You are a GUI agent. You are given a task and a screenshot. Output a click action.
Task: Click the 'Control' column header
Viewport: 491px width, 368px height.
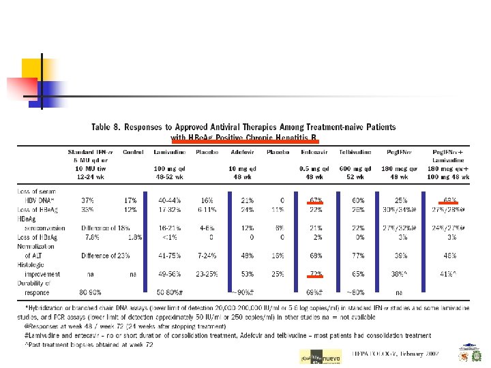click(x=133, y=152)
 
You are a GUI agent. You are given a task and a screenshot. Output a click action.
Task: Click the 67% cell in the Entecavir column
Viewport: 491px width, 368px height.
click(x=315, y=200)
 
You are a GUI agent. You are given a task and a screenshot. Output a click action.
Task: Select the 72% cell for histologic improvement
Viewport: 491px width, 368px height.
click(x=315, y=273)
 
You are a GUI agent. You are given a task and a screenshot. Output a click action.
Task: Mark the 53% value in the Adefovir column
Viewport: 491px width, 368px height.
click(x=247, y=273)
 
